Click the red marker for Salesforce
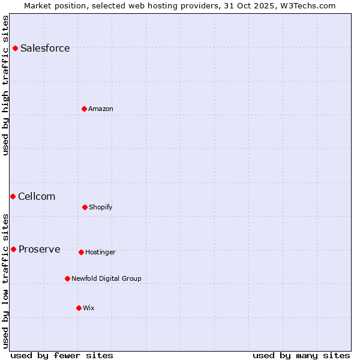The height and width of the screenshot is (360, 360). [15, 48]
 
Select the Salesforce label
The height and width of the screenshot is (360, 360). [45, 49]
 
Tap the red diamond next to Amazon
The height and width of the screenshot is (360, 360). [84, 109]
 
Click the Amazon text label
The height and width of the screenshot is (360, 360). [101, 109]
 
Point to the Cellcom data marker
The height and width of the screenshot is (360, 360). [13, 196]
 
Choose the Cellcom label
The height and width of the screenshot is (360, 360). [37, 197]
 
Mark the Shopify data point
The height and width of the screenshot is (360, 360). [85, 207]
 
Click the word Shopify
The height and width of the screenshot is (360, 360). [101, 208]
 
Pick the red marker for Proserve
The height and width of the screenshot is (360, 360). [13, 249]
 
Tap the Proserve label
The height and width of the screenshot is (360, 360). [40, 250]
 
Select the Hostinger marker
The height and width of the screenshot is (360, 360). [81, 252]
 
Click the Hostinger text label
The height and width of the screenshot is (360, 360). [101, 253]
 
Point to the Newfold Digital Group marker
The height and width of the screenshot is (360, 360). [67, 278]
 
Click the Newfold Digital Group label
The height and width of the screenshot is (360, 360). [107, 279]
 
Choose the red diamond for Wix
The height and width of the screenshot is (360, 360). [79, 308]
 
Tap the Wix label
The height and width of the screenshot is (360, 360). [89, 308]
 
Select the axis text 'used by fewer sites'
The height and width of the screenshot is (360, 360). [62, 356]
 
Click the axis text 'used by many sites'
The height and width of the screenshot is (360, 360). [301, 356]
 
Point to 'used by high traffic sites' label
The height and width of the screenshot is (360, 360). [5, 85]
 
